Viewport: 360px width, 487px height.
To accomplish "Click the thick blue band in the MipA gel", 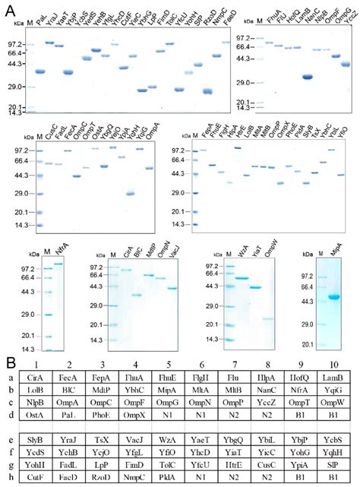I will (332, 296).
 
